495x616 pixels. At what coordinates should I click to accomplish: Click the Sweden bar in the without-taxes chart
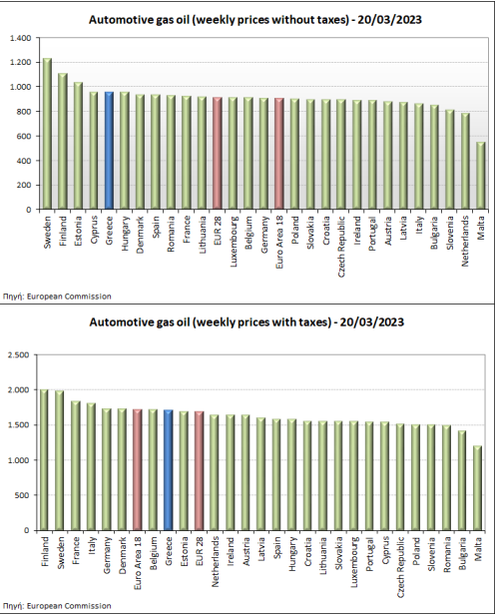[x=47, y=134]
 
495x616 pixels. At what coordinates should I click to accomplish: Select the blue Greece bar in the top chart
[x=109, y=151]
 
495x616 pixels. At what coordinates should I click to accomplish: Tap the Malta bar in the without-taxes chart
[x=481, y=176]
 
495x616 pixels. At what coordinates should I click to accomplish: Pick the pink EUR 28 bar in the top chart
[x=218, y=153]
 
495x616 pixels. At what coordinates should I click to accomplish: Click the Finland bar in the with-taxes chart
[x=44, y=459]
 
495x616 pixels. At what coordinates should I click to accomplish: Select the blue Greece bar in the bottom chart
[x=168, y=470]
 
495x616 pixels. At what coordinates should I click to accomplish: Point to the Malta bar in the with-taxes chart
[x=477, y=488]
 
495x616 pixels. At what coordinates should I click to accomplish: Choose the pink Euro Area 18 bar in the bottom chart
[x=137, y=469]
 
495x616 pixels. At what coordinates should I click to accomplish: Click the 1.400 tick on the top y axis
[x=20, y=38]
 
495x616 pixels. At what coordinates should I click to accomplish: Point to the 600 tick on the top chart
[x=24, y=136]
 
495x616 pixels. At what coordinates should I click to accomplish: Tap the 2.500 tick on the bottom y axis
[x=19, y=355]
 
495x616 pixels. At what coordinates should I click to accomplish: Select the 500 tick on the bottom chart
[x=22, y=495]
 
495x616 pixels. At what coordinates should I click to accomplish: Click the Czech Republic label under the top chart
[x=341, y=247]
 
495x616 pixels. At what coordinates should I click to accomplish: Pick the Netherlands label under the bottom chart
[x=215, y=562]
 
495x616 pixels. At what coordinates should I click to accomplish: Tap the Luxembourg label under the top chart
[x=233, y=242]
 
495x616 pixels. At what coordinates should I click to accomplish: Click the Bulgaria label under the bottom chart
[x=462, y=553]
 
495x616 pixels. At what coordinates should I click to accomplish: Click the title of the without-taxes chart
[x=255, y=20]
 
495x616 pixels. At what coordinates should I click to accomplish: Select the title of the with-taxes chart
[x=247, y=322]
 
